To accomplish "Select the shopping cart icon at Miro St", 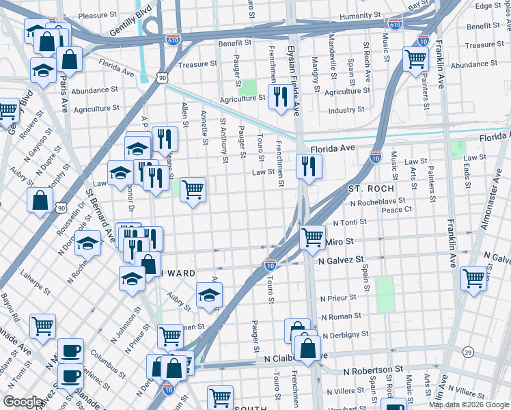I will (x=312, y=237).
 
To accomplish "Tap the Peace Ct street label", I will (x=398, y=210).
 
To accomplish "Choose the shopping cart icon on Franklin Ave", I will (x=473, y=277).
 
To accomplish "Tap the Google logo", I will (x=23, y=402).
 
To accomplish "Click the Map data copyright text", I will (x=469, y=405).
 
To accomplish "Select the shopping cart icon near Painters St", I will (x=415, y=60).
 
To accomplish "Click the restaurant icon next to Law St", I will (x=309, y=165).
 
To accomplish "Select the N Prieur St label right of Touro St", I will (x=338, y=298).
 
